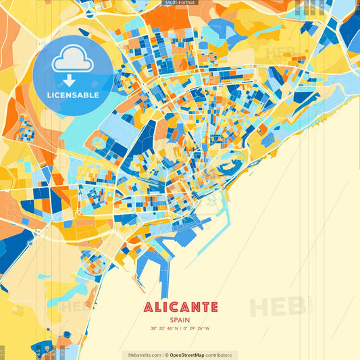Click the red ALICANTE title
tap(180, 307)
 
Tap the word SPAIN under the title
tap(180, 320)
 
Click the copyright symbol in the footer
tap(166, 355)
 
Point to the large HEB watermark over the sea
tap(277, 307)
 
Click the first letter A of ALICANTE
tap(149, 307)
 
